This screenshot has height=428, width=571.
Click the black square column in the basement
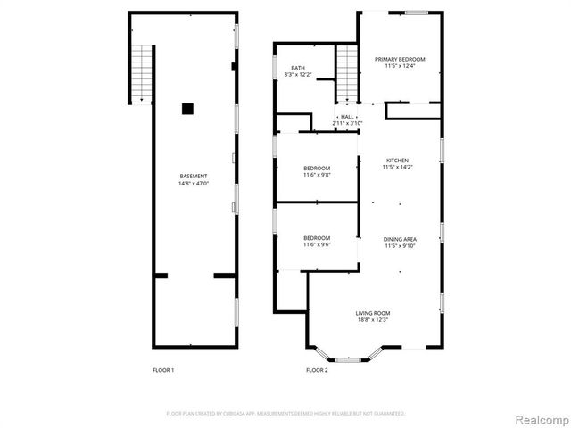[x=187, y=109]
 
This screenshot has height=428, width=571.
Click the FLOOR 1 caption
[x=162, y=370]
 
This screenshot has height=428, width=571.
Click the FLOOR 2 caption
[x=317, y=370]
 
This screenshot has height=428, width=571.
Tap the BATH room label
[x=298, y=69]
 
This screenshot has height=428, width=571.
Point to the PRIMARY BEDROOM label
[x=400, y=59]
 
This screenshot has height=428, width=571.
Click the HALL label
[x=347, y=117]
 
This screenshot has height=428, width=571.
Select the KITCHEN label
[x=399, y=160]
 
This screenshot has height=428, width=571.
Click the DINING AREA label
[x=399, y=239]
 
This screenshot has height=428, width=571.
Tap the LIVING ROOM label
[x=373, y=313]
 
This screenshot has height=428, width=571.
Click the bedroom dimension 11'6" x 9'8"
[x=317, y=175]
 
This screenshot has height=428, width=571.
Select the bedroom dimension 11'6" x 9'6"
[x=317, y=244]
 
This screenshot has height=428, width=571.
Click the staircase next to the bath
[x=347, y=73]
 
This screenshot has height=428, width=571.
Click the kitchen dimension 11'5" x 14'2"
[x=399, y=168]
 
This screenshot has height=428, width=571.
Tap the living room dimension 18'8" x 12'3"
[x=373, y=320]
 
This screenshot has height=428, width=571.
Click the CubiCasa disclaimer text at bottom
[x=285, y=414]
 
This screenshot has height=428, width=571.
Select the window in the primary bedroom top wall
[x=416, y=12]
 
